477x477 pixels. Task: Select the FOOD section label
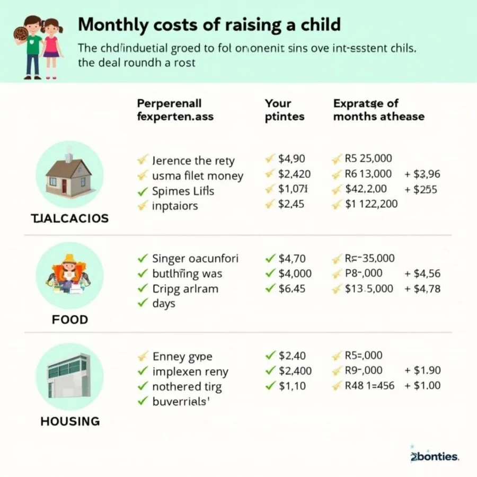point(70,320)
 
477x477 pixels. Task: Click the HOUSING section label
point(70,421)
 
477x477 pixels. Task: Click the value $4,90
point(291,159)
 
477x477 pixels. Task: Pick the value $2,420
point(294,174)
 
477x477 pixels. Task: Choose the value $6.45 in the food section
point(292,289)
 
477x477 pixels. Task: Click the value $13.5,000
point(369,289)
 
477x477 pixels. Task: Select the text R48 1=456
point(369,386)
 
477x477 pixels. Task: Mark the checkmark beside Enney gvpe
point(142,356)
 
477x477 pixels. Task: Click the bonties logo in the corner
point(435,456)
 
